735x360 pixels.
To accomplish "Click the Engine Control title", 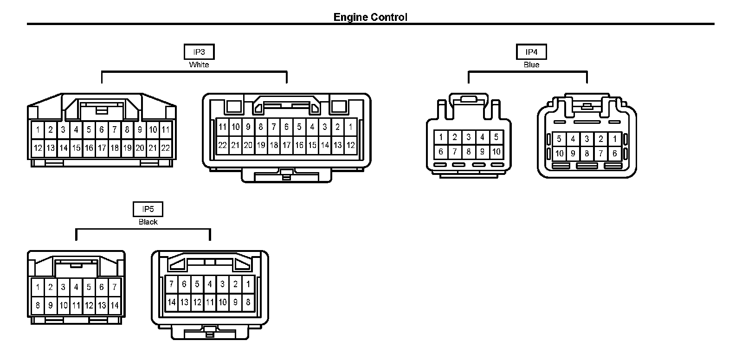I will click(370, 17).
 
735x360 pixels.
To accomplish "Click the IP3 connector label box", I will click(199, 52).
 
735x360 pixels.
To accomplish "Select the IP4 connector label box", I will click(531, 52).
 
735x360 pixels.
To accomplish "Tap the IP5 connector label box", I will click(148, 209).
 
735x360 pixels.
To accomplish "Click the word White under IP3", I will click(199, 65).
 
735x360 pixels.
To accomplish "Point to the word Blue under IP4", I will click(531, 65).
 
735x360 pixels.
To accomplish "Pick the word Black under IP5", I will click(148, 222).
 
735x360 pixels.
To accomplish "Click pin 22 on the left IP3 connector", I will click(166, 148).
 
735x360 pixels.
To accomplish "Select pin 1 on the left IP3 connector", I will click(38, 130).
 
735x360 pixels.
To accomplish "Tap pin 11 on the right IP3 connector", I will click(223, 127).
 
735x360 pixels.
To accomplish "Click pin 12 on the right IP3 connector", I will click(351, 145).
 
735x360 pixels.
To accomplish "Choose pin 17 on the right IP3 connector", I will click(287, 145).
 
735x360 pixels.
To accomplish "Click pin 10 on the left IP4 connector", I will click(496, 151).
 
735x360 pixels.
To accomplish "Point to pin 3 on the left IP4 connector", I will click(469, 137).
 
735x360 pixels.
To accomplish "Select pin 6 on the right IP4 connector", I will click(615, 153).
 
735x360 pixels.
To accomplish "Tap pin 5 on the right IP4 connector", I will click(560, 139).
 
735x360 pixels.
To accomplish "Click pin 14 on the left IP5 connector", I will click(115, 306).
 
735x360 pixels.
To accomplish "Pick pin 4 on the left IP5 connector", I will click(76, 287).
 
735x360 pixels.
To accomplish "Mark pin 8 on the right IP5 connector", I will click(248, 302).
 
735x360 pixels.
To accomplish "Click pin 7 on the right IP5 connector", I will click(172, 284).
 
